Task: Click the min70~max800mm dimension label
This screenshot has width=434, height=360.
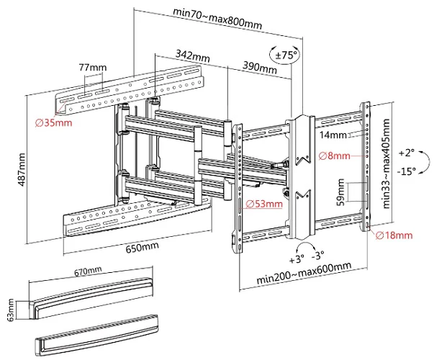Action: [217, 19]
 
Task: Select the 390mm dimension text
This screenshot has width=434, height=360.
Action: [260, 67]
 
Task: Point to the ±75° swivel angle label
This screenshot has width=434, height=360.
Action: [286, 55]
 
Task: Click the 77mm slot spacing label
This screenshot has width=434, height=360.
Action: [93, 67]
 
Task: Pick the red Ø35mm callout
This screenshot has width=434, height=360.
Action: [54, 122]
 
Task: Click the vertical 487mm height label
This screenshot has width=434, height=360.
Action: [22, 169]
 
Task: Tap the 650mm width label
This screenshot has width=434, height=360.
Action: [143, 247]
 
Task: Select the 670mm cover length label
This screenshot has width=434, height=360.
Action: [88, 271]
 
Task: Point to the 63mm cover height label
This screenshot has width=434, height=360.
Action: [10, 310]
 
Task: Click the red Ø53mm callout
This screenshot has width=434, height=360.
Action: [264, 204]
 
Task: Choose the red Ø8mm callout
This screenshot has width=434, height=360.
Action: [335, 156]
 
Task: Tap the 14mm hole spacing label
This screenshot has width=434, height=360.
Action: [333, 135]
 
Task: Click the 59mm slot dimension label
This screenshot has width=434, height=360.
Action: [340, 192]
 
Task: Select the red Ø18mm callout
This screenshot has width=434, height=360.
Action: [394, 235]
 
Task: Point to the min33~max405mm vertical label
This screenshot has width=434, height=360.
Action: [386, 163]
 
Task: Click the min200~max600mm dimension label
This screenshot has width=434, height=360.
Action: [304, 272]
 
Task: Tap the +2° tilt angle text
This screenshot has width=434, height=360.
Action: [407, 153]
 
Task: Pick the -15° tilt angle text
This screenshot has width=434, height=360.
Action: [407, 171]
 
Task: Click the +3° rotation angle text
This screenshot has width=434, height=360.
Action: [297, 259]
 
